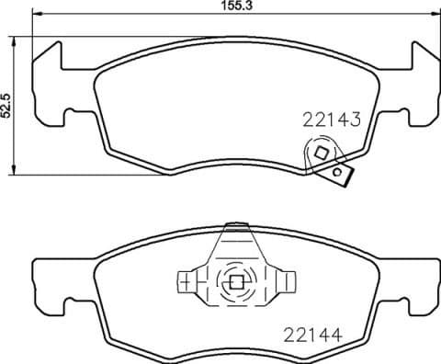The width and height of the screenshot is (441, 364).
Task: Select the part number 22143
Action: [x=330, y=119]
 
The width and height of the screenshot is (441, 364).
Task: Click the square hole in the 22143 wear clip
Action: [x=322, y=154]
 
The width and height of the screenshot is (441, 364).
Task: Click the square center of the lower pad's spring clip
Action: [x=236, y=283]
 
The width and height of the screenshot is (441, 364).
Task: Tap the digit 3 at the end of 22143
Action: [x=352, y=119]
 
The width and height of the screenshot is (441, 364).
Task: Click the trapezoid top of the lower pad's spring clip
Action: [x=236, y=241]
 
